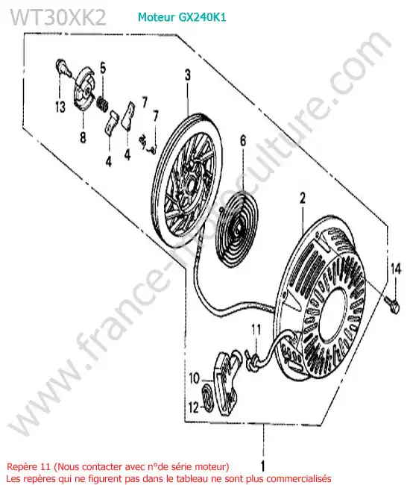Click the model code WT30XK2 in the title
click(58, 18)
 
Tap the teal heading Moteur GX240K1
click(182, 17)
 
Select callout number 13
click(60, 107)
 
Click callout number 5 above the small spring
click(103, 68)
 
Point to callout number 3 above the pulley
click(188, 75)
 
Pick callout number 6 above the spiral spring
click(244, 141)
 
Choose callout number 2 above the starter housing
click(303, 198)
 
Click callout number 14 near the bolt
click(396, 269)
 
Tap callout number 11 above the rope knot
click(256, 330)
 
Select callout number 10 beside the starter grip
click(195, 378)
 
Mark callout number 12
click(194, 407)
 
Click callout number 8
click(83, 137)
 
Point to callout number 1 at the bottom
click(263, 466)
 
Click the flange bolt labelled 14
click(393, 304)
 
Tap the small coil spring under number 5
click(103, 103)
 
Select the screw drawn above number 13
click(63, 67)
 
